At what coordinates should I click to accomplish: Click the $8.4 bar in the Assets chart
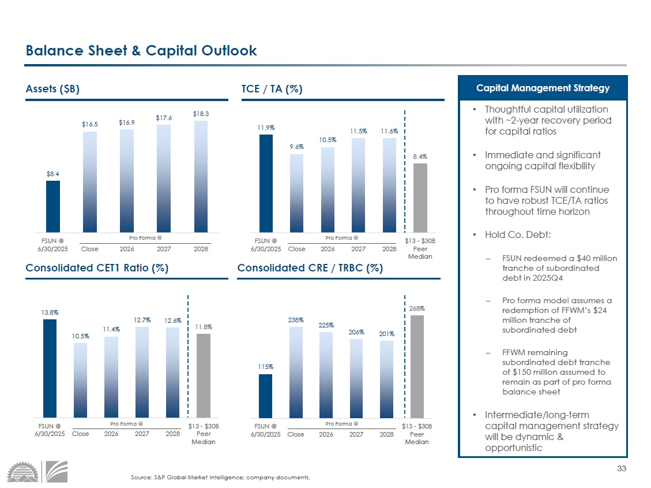pos(53,206)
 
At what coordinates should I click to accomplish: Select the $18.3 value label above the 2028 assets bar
pos(201,114)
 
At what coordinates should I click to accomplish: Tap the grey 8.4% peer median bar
pos(420,197)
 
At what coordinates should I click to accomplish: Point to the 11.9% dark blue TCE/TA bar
pos(266,183)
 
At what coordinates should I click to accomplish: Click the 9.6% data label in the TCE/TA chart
pos(296,147)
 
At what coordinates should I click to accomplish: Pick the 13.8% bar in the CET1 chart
pos(50,368)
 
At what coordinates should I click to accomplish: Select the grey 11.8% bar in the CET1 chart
pos(203,375)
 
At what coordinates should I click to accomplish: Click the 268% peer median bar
pos(417,366)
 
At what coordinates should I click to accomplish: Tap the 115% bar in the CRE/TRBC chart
pos(266,396)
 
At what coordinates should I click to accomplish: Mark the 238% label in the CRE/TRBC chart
pos(296,319)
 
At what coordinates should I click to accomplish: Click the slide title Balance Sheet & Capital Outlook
pos(141,51)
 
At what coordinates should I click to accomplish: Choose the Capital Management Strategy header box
pos(543,88)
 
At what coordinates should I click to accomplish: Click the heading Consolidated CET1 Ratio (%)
pos(97,268)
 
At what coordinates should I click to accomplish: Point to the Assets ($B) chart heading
pos(52,89)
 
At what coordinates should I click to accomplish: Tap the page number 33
pos(621,468)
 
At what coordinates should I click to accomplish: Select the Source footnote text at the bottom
pos(221,477)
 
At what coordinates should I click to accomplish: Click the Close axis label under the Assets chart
pos(90,249)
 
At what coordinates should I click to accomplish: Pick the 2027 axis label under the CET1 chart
pos(142,434)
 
